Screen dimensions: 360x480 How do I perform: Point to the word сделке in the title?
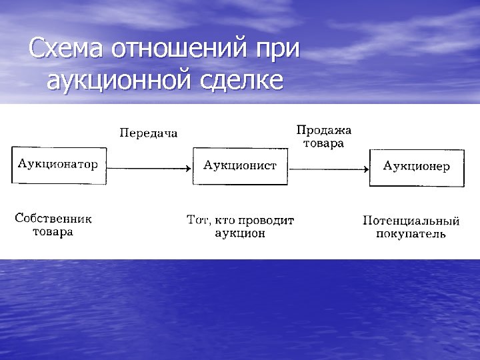[x=239, y=80]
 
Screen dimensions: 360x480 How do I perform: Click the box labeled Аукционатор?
[x=58, y=164]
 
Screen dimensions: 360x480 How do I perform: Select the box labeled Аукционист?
[x=240, y=165]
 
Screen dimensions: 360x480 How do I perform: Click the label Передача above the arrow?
[x=148, y=133]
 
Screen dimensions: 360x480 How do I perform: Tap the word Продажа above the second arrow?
[x=323, y=130]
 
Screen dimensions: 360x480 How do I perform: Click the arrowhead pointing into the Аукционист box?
[x=189, y=168]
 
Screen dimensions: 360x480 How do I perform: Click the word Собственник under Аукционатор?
[x=53, y=218]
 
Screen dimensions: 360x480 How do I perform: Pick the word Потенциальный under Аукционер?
[x=411, y=220]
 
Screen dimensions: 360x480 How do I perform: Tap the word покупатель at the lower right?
[x=411, y=234]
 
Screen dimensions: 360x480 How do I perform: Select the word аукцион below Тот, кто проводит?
[x=240, y=233]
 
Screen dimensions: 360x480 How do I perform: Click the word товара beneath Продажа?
[x=323, y=143]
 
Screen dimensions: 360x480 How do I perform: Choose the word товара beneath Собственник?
[x=53, y=232]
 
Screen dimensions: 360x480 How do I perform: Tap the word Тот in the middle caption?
[x=198, y=219]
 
